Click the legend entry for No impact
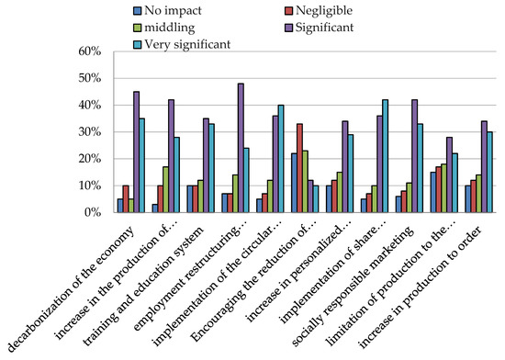pyautogui.click(x=167, y=12)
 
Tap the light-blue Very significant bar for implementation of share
pyautogui.click(x=386, y=156)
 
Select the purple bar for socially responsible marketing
pyautogui.click(x=414, y=156)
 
